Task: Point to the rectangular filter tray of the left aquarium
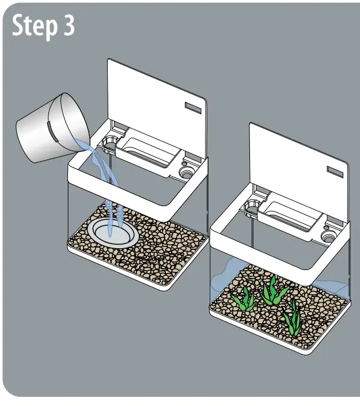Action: (147, 151)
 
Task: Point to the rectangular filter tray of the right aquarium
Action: (289, 215)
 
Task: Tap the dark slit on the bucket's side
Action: (51, 132)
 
